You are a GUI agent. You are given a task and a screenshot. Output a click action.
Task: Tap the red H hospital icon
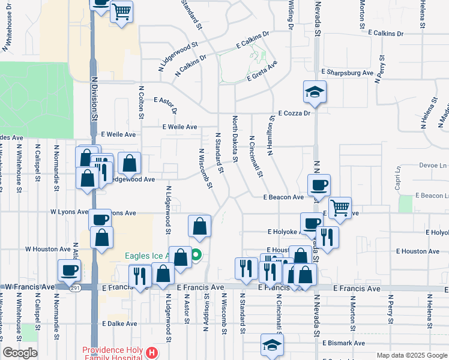152,353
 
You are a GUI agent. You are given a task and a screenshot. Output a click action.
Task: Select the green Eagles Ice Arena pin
196,256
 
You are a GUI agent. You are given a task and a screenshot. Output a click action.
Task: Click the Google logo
20,352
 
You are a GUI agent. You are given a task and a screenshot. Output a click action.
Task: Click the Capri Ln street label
397,179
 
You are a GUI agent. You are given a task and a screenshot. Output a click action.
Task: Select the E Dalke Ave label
119,323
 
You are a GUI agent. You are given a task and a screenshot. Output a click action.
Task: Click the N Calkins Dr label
191,65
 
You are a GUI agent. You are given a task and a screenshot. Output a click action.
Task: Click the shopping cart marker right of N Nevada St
340,208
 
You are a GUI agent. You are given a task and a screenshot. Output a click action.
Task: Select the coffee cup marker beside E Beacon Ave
319,185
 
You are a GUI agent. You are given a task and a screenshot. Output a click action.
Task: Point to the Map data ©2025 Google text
411,355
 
